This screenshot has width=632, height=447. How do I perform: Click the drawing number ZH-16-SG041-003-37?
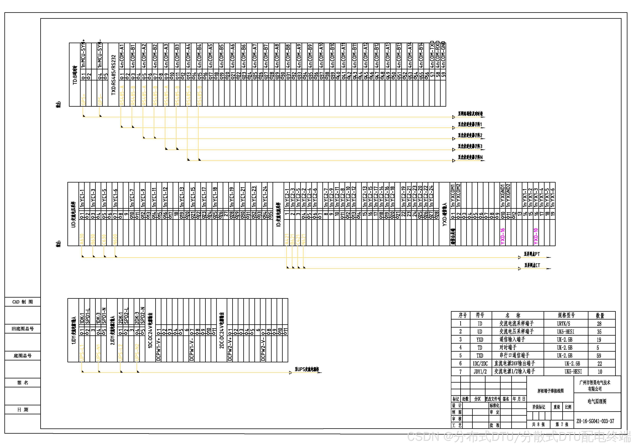tap(595, 421)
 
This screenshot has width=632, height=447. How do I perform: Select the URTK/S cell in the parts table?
tap(563, 324)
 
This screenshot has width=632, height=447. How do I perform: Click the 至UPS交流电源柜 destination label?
tap(307, 369)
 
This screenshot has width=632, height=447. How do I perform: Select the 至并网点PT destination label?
tap(532, 254)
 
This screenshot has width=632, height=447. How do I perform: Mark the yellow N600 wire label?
tap(115, 239)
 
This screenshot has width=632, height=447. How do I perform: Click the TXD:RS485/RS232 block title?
tap(113, 75)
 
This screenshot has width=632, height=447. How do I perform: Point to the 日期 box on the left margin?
tap(23, 410)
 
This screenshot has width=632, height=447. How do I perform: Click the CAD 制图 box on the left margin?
tap(23, 302)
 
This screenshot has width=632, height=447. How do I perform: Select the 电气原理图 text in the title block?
tap(597, 402)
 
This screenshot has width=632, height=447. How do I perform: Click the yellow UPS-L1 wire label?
tap(82, 353)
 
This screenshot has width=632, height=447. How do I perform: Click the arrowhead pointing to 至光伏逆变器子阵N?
tap(454, 161)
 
